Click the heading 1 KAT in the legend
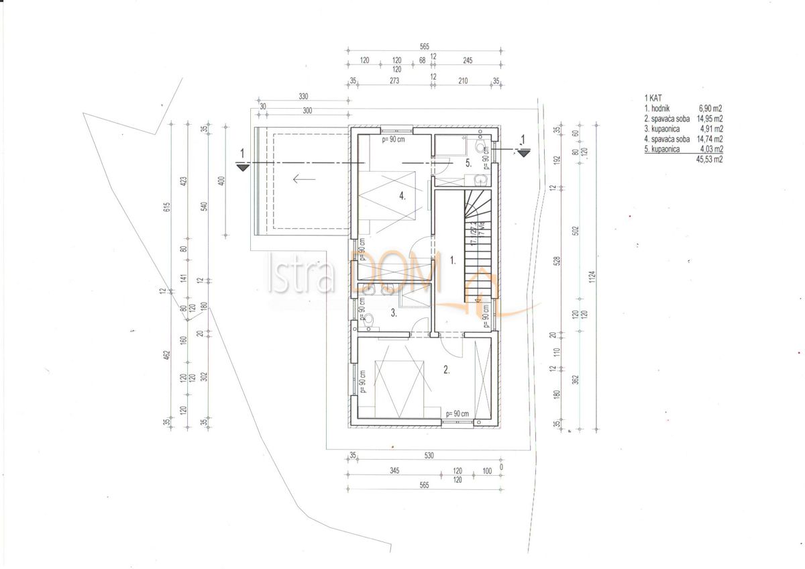click(x=652, y=98)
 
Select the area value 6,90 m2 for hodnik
click(x=708, y=108)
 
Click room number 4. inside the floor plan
click(x=401, y=197)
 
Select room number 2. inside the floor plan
click(x=446, y=368)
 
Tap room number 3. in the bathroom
click(x=394, y=313)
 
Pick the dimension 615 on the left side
click(x=168, y=207)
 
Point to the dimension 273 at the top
click(x=394, y=81)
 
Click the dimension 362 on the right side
click(x=576, y=380)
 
